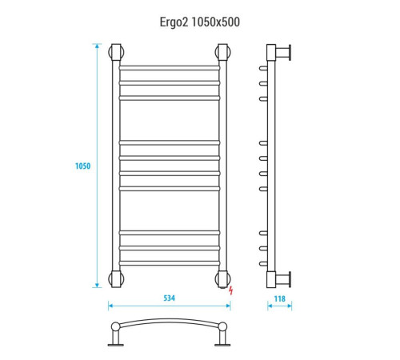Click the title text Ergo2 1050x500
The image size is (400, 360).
tap(200, 22)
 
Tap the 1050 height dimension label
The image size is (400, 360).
tap(82, 166)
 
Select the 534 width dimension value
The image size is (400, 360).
tap(169, 298)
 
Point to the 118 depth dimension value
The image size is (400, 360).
tap(279, 298)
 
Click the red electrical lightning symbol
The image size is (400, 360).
tap(230, 290)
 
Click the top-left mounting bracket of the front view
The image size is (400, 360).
tap(116, 52)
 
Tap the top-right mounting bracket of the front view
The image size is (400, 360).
tap(222, 52)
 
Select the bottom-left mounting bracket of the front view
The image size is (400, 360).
tap(116, 279)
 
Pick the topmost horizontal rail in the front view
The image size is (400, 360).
tap(170, 68)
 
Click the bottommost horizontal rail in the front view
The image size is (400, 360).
tap(170, 263)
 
